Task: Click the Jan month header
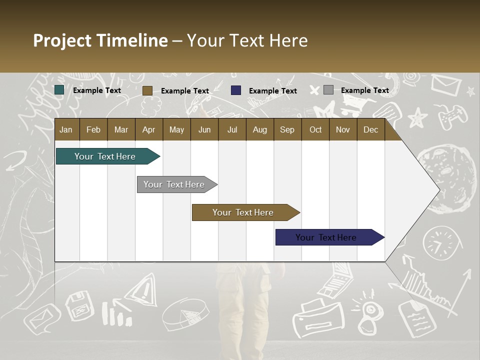66,130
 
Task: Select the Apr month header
148,130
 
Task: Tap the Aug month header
259,130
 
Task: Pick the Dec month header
370,130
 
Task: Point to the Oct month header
315,130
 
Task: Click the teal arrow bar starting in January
105,156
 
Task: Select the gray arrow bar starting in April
174,184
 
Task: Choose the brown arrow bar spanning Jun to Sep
243,212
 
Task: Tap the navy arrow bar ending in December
326,237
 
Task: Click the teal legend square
59,90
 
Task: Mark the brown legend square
147,90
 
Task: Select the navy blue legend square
236,90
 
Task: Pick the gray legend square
328,90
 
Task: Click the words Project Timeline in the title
100,40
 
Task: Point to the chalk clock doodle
439,243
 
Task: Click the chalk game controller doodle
452,116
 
